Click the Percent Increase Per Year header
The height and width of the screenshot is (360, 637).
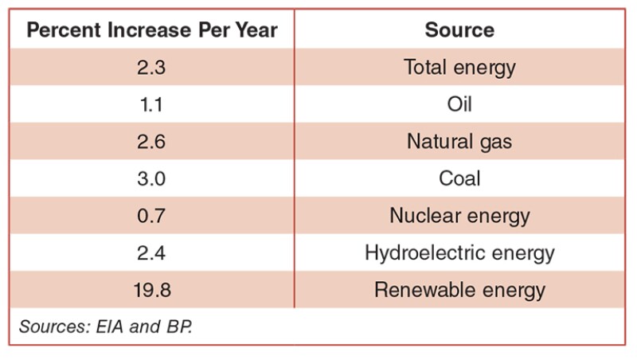[x=152, y=30]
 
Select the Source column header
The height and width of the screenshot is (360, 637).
[x=459, y=30]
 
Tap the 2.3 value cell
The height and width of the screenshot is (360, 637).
[x=151, y=68]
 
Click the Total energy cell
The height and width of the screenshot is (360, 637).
[x=459, y=68]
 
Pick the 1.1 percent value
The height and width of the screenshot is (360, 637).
[x=151, y=104]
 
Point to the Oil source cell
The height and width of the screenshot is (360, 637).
[x=459, y=104]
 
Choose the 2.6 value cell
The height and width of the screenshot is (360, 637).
[x=151, y=142]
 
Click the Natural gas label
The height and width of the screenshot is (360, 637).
[x=459, y=142]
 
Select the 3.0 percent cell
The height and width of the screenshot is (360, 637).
[x=151, y=178]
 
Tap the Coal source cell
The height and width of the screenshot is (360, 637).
[x=459, y=178]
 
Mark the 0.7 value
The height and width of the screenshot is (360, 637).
[x=151, y=216]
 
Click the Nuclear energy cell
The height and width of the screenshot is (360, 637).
[x=459, y=216]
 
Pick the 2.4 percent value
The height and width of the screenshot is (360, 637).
[x=151, y=253]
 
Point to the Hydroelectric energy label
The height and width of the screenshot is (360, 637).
[x=459, y=253]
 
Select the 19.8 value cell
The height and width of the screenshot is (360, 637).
[x=151, y=290]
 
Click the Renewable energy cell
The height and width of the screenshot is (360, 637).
[x=459, y=290]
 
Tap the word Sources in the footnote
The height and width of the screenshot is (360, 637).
[x=49, y=327]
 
